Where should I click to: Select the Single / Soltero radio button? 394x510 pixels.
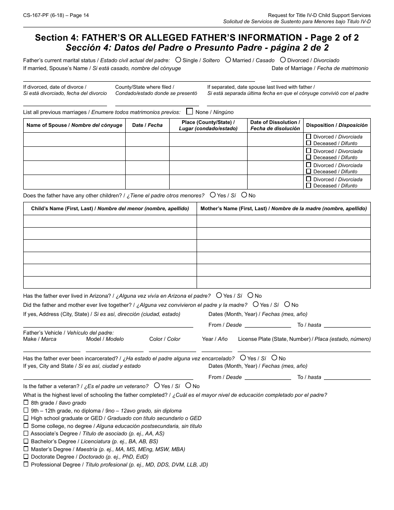[x=178, y=60]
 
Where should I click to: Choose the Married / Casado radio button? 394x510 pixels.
[x=228, y=60]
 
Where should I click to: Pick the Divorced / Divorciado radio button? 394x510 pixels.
[x=283, y=60]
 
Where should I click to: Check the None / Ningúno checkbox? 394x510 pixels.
[x=190, y=111]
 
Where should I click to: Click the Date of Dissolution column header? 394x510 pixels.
[x=275, y=125]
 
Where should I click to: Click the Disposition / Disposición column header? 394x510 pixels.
[x=337, y=125]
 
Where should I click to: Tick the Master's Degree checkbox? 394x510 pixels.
[x=26, y=449]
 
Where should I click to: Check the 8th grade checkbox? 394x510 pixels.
[x=26, y=402]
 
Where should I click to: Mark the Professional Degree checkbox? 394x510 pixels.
[x=26, y=464]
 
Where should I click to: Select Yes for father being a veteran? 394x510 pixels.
[x=157, y=385]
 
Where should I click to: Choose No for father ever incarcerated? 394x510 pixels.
[x=274, y=357]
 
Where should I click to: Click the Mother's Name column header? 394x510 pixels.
[x=283, y=209]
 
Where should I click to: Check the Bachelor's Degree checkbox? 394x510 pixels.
[x=26, y=441]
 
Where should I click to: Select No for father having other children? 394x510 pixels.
[x=244, y=194]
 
